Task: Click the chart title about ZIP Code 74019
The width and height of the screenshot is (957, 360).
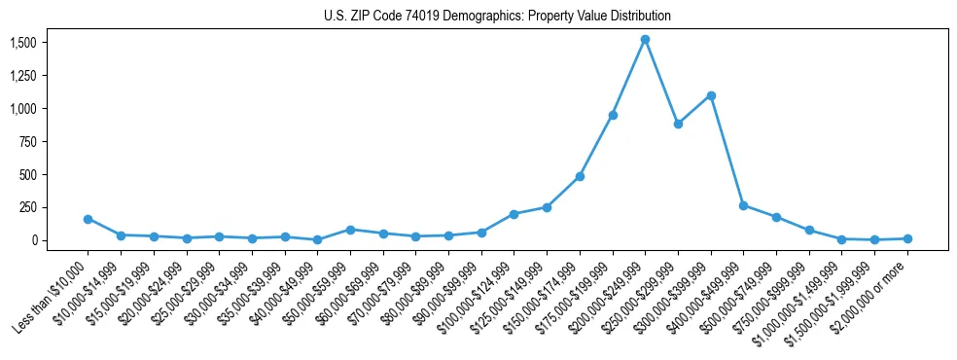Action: click(497, 17)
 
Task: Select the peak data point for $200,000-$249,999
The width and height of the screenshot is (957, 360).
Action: click(645, 40)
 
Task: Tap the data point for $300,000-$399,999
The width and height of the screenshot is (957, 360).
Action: click(711, 95)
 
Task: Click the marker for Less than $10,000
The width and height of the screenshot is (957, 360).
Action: click(88, 219)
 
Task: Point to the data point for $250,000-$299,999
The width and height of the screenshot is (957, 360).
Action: click(678, 124)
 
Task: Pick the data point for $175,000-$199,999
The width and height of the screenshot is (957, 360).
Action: click(613, 115)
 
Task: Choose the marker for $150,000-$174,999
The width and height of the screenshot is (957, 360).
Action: click(580, 176)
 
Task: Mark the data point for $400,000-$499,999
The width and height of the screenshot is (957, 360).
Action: click(743, 205)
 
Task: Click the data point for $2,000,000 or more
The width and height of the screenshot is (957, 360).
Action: click(907, 238)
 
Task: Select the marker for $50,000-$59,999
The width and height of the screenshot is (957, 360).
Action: click(350, 230)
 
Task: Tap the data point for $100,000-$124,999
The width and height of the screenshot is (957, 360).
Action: click(514, 214)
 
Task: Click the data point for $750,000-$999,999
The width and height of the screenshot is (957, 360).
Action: click(809, 231)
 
